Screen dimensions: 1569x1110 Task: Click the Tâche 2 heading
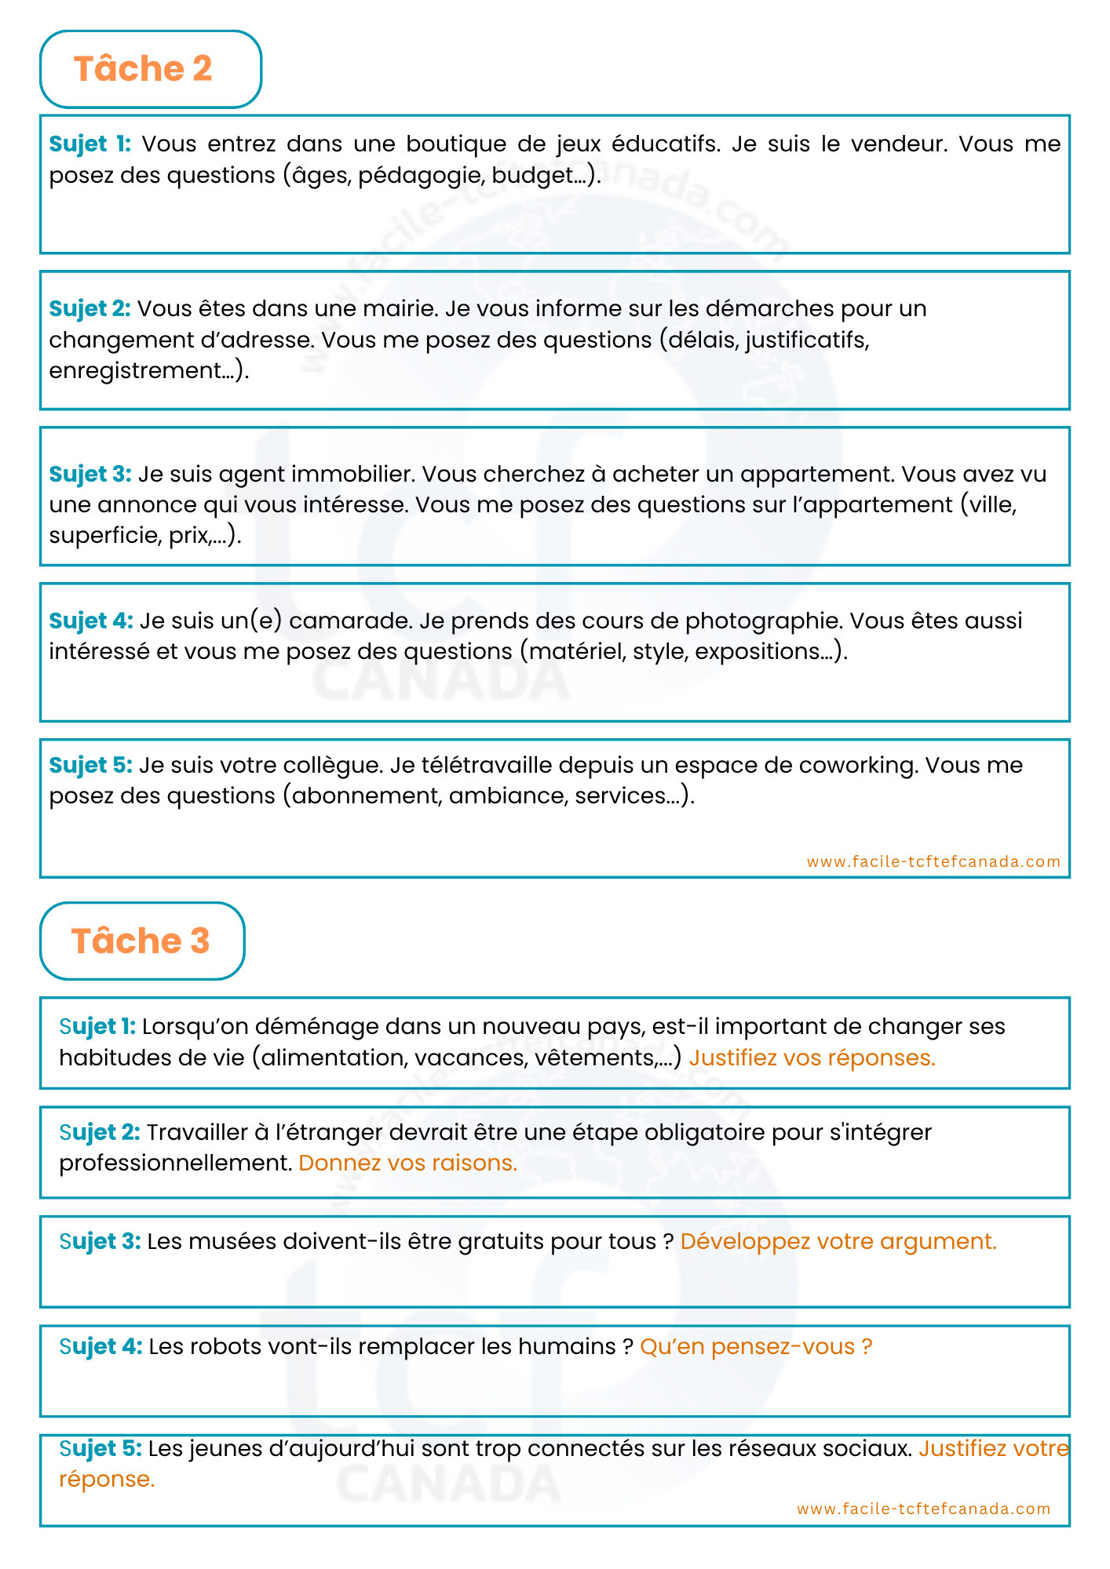143,69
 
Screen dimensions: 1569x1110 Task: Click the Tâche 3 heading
141,941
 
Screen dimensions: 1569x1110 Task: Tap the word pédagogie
421,175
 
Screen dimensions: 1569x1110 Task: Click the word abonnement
366,795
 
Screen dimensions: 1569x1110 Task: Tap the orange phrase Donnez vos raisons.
407,1163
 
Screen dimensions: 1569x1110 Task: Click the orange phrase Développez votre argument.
838,1241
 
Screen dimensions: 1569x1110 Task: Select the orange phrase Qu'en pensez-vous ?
756,1346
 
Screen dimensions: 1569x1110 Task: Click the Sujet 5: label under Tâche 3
100,1448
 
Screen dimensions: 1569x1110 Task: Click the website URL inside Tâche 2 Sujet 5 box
933,861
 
